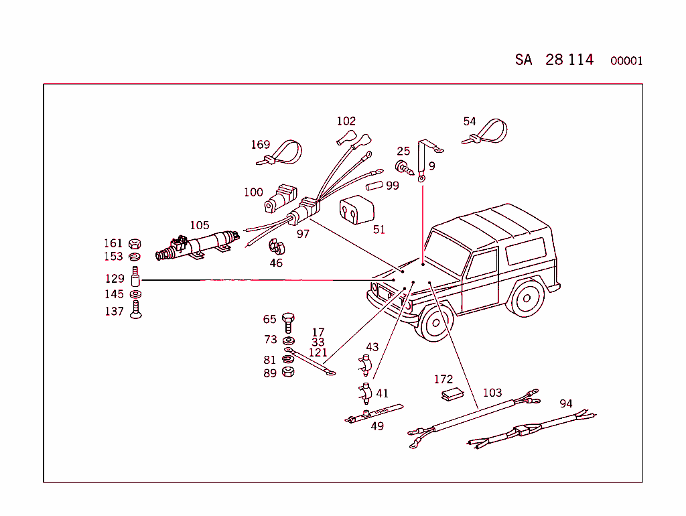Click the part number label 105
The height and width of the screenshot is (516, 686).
pyautogui.click(x=200, y=225)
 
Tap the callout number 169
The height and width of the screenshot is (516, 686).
pyautogui.click(x=260, y=145)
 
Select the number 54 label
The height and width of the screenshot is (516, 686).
pyautogui.click(x=470, y=121)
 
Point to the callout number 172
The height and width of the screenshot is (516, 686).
pyautogui.click(x=443, y=379)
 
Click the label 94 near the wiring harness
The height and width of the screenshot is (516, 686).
pyautogui.click(x=566, y=403)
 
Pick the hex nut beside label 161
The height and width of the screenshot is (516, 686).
pyautogui.click(x=134, y=243)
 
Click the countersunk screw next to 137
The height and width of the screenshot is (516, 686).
pyautogui.click(x=135, y=310)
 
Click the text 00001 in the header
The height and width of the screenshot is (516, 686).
pyautogui.click(x=626, y=61)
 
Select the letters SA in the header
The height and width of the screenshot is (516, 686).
pyautogui.click(x=523, y=60)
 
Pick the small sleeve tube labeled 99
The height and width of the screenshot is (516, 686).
pyautogui.click(x=374, y=185)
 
